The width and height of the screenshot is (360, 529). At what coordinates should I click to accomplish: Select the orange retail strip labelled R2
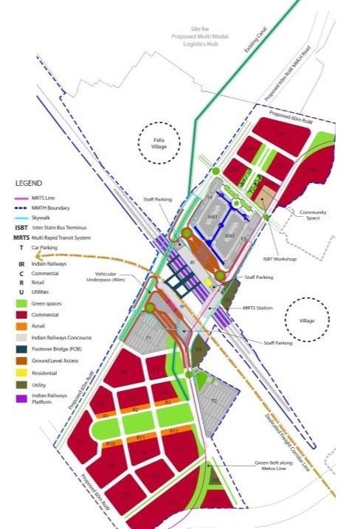[135, 409]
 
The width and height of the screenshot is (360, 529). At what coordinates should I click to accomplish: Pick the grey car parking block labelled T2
[213, 401]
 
